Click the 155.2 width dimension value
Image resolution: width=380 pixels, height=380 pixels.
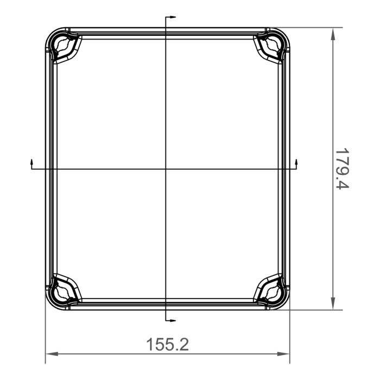tap(167, 344)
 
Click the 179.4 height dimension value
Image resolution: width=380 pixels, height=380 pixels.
tap(341, 169)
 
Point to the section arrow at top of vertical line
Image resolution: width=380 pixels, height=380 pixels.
tap(172, 18)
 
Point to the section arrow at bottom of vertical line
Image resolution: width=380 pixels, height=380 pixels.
tap(172, 319)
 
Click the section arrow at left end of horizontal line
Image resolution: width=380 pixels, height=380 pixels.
tap(31, 162)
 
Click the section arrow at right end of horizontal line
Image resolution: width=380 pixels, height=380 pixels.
tap(297, 162)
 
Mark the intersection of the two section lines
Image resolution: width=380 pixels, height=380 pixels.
tap(166, 169)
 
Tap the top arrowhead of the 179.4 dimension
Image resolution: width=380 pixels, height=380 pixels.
tap(332, 33)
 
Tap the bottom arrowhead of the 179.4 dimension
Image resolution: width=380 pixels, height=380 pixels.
tap(332, 305)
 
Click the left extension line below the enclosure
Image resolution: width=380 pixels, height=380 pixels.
tap(45, 337)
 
